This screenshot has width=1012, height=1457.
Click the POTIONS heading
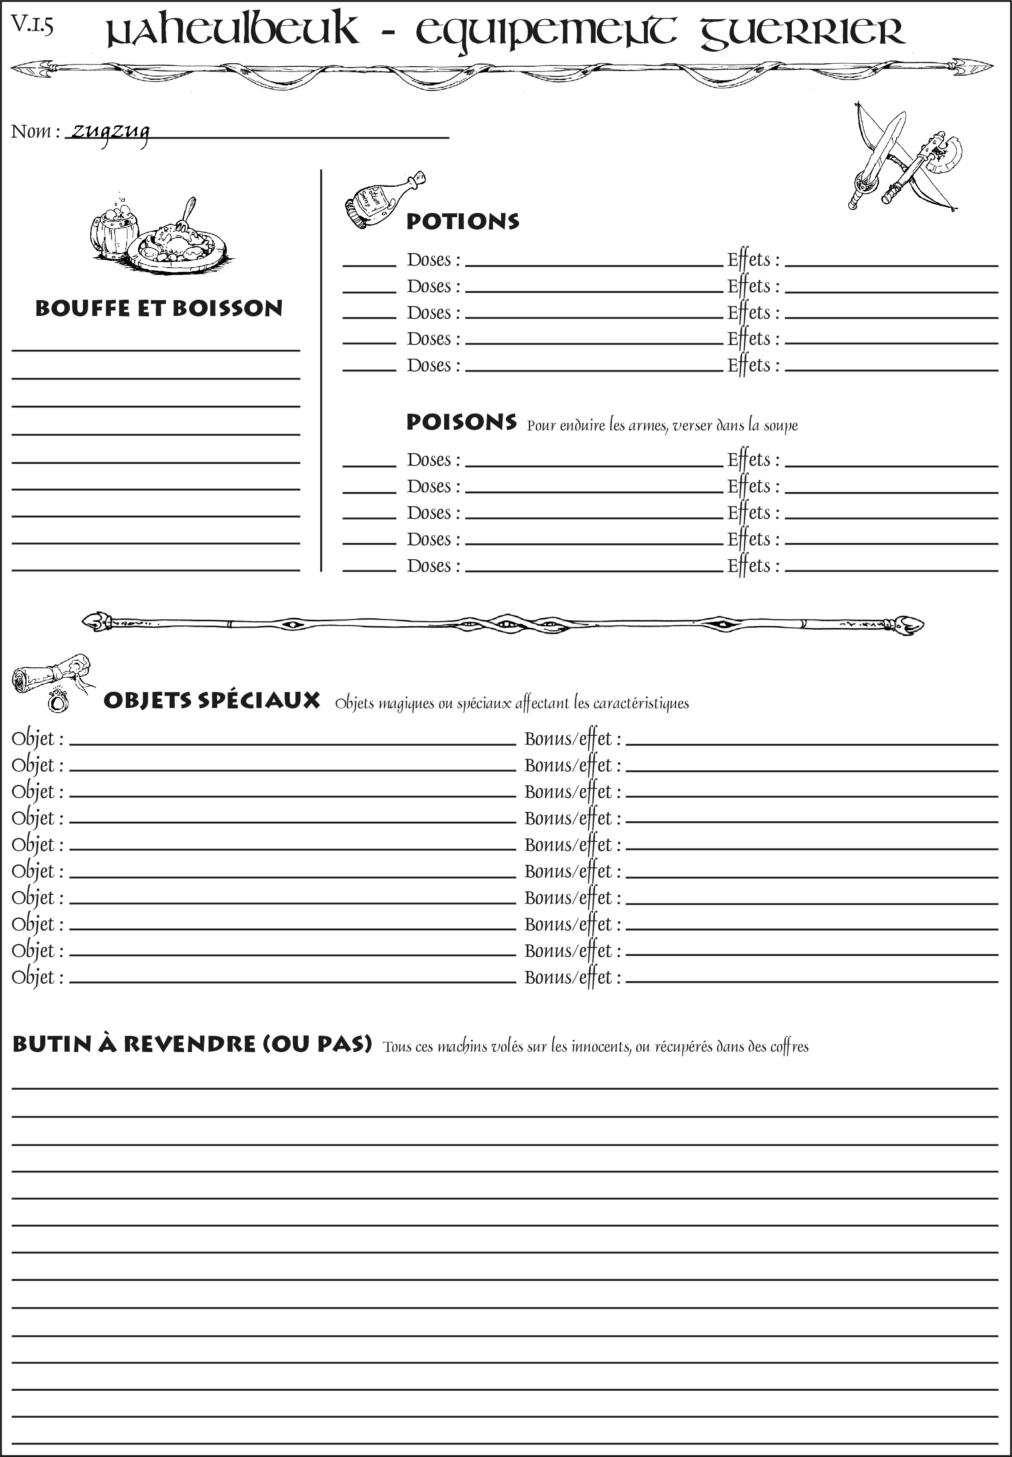(462, 221)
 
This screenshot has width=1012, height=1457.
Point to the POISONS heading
(461, 422)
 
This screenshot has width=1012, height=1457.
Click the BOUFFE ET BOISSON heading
(159, 308)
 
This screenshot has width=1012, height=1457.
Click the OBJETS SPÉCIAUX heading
(211, 701)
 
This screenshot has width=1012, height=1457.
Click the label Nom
(32, 132)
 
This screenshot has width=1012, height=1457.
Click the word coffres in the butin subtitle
(789, 1047)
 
